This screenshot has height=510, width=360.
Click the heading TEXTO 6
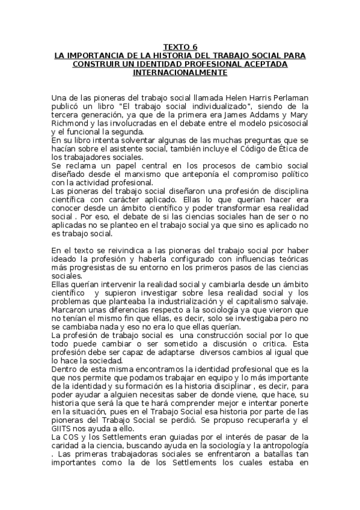(180, 47)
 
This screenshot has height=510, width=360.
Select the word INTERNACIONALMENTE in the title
(180, 73)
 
